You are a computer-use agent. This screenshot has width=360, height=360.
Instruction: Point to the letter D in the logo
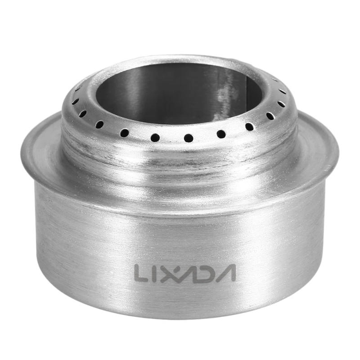point(205,273)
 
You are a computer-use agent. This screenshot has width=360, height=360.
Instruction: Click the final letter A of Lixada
point(225,273)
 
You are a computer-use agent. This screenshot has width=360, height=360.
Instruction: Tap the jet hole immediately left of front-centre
point(155,137)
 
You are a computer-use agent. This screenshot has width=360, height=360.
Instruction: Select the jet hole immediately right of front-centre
point(221,134)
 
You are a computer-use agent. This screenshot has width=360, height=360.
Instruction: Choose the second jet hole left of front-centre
point(124,132)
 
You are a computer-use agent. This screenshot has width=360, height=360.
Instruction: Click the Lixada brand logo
point(184,273)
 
